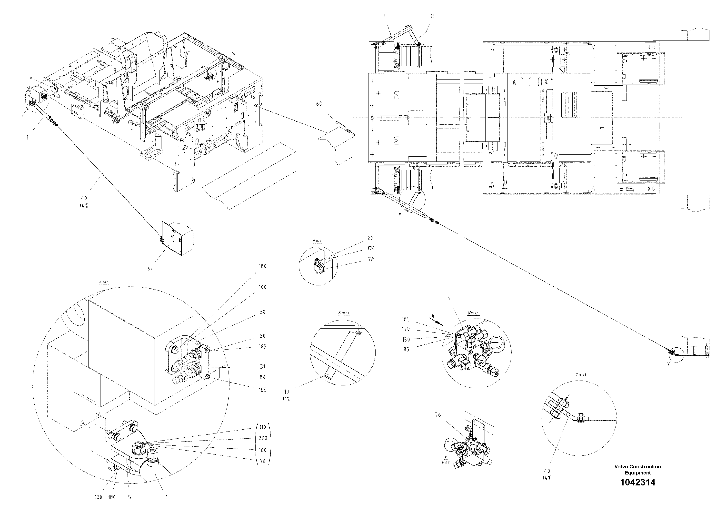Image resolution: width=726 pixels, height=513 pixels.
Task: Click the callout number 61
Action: click(x=150, y=269)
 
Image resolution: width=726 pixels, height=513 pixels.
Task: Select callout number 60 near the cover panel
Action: click(x=319, y=104)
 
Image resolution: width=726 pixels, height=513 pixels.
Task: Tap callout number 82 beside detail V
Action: click(x=371, y=238)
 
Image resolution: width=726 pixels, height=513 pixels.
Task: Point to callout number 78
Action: click(x=371, y=259)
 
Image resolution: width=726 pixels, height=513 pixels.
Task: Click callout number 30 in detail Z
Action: click(x=262, y=312)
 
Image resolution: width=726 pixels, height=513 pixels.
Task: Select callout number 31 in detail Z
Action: click(x=262, y=367)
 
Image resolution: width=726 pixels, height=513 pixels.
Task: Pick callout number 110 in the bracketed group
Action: click(x=262, y=427)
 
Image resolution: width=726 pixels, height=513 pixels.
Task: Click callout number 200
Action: click(x=262, y=438)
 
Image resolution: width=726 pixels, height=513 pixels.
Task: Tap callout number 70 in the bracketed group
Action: click(x=262, y=462)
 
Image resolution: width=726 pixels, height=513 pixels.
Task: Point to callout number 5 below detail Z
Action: click(x=129, y=497)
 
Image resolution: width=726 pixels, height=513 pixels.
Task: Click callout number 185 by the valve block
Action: click(x=406, y=320)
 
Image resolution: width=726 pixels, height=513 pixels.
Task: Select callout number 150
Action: click(x=406, y=340)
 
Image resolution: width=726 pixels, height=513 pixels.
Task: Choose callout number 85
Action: click(x=406, y=350)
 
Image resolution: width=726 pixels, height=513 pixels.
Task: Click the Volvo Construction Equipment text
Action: click(x=637, y=469)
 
